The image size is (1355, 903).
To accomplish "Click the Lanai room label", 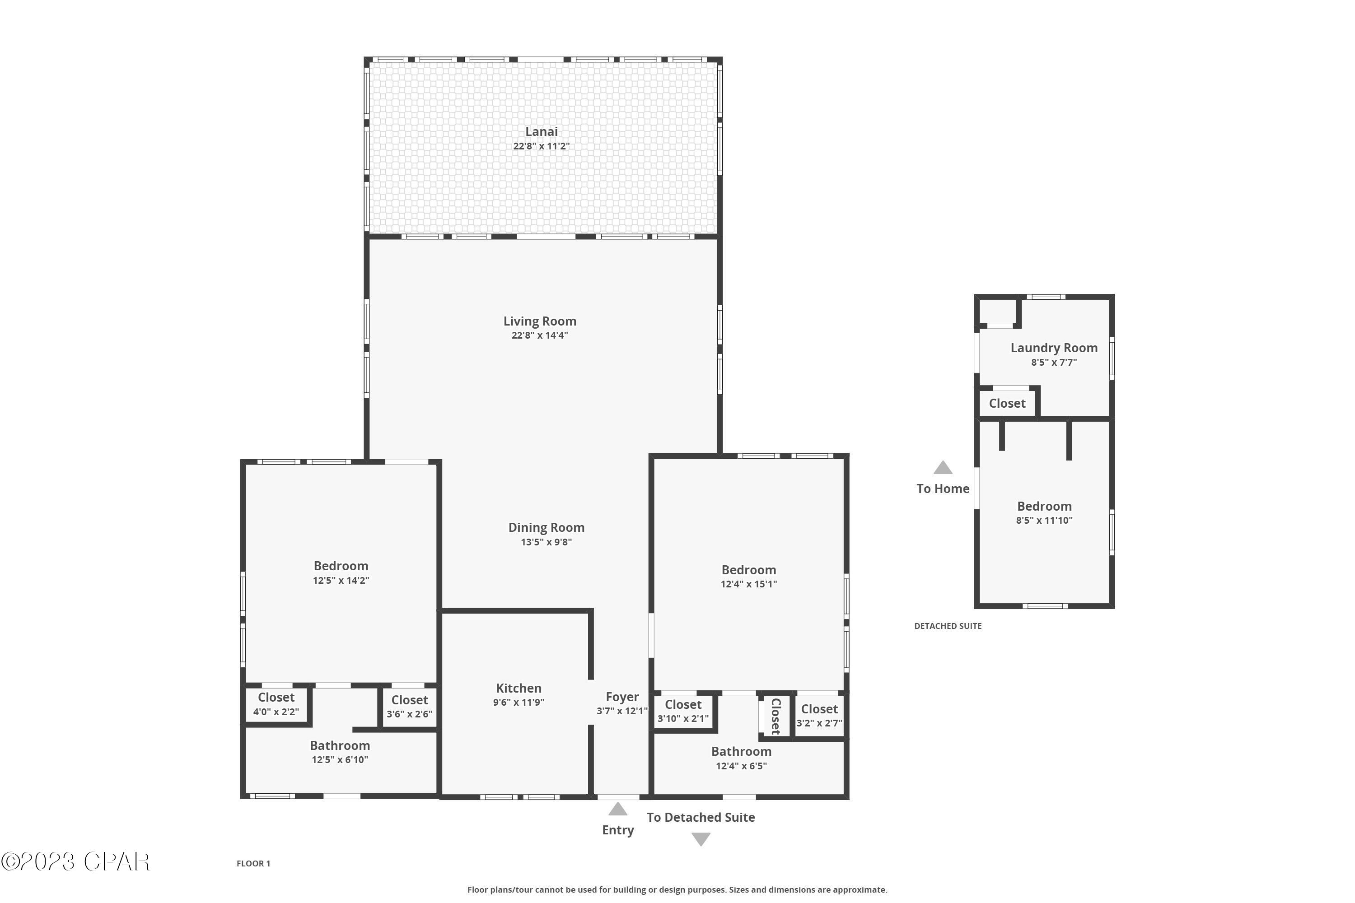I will coord(541,132).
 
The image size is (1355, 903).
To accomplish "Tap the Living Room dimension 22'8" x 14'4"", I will coord(539,335).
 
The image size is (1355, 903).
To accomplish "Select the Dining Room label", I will coord(546,527).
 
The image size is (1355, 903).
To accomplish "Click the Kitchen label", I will coord(519,688).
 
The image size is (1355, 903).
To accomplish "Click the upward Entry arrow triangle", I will coord(617,810).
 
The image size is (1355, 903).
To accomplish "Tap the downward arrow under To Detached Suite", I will coord(701,839).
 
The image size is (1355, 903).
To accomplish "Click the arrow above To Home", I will coord(943,468).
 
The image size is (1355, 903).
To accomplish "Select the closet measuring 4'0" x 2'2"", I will coord(276,704).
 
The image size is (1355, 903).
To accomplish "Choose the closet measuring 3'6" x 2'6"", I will coord(409,707).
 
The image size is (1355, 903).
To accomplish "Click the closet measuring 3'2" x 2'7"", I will coord(819,715).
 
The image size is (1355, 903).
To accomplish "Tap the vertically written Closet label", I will coord(776,716).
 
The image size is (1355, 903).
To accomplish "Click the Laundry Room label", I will coord(1054,348).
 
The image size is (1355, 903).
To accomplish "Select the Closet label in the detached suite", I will coord(1007,404).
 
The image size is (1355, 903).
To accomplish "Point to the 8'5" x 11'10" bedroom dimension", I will coord(1044,521).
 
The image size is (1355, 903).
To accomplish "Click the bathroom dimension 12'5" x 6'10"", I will coord(340,759).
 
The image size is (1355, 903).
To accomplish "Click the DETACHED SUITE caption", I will coord(948,626).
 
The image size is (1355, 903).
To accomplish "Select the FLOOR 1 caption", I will coord(253,863).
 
